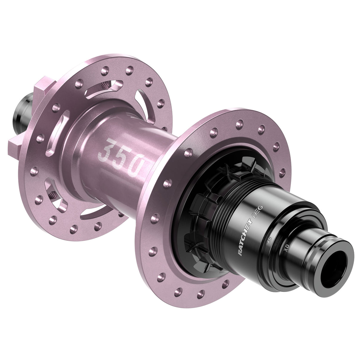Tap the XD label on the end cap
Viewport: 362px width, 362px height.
coord(287,247)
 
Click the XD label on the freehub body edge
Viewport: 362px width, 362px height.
coord(269,240)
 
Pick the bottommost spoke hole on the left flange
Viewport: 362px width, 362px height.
coord(73,229)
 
